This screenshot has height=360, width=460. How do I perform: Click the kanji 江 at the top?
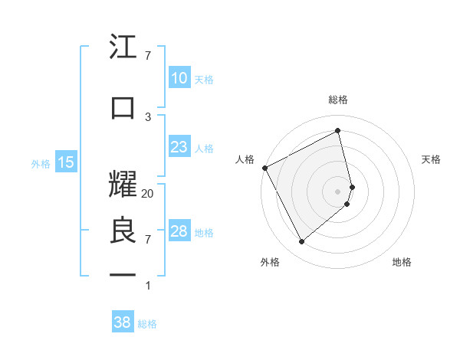coord(123,48)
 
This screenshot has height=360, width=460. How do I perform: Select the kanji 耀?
coord(123,181)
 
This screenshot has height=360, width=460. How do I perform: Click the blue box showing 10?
coord(179,78)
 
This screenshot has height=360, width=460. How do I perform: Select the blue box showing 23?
coord(179,147)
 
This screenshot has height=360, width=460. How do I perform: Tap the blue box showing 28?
coord(179,231)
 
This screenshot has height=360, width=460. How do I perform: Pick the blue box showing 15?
coord(66,162)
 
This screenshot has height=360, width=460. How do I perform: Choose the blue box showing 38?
coord(123,322)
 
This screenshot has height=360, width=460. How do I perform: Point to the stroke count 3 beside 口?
coord(148,116)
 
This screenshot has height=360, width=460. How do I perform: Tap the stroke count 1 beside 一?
coord(148,286)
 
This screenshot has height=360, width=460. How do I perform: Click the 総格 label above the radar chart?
coord(338,100)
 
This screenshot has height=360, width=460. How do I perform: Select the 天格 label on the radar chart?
coord(432,159)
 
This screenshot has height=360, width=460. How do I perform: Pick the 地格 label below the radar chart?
coord(402,262)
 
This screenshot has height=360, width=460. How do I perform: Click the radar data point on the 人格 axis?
coord(264,168)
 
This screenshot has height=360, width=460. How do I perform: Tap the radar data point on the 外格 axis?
coord(301,242)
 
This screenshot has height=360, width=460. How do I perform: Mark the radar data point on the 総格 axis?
coord(338,130)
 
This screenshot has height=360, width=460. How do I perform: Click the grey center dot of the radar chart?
coord(338,191)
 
